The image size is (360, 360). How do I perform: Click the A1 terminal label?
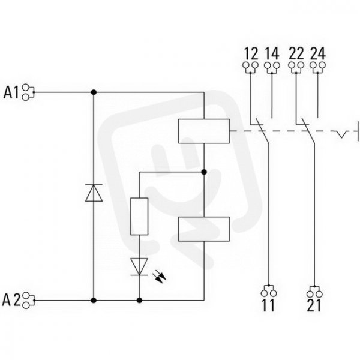tap(11, 92)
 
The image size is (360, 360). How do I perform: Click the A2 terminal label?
tap(11, 300)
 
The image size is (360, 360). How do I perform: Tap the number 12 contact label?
tap(251, 54)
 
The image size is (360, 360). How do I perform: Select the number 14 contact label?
tap(272, 54)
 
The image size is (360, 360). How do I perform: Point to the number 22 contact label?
tap(296, 54)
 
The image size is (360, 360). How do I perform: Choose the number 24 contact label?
tap(318, 54)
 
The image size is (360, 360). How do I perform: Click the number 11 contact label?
tap(268, 305)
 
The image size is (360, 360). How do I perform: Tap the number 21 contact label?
tap(314, 305)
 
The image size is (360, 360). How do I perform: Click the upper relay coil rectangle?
tap(204, 131)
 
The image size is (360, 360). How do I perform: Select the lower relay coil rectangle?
tap(204, 229)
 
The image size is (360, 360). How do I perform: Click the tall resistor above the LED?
tap(139, 216)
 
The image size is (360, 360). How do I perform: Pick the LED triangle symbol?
tap(139, 266)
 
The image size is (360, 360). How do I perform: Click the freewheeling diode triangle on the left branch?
tap(94, 193)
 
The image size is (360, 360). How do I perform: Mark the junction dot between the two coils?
tap(204, 172)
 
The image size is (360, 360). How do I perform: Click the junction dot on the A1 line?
tap(94, 92)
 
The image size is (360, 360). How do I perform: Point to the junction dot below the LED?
tap(139, 301)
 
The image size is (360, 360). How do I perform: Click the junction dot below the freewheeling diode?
tap(94, 301)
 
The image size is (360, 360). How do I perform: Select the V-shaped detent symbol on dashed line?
tap(342, 134)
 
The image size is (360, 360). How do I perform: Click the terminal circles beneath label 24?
tap(318, 65)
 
